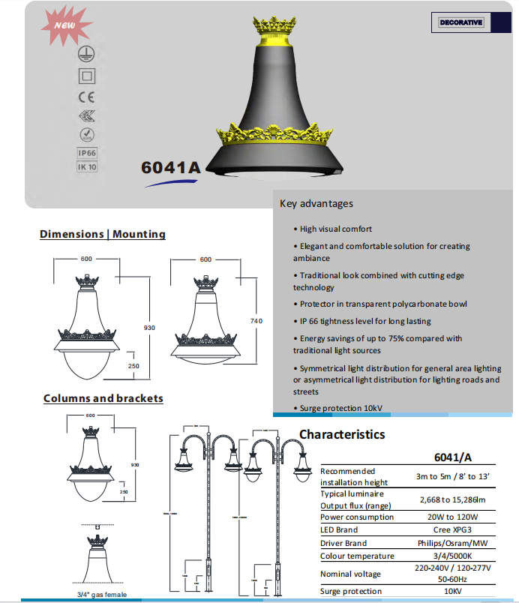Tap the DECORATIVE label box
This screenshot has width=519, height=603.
tap(461, 22)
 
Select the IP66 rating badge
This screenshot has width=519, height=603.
tap(88, 153)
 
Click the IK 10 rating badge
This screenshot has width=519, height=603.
tap(88, 166)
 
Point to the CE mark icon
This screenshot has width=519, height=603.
tap(87, 97)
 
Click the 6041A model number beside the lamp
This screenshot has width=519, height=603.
tap(171, 167)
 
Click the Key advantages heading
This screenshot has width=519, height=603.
tap(316, 203)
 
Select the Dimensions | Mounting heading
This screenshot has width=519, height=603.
tap(103, 234)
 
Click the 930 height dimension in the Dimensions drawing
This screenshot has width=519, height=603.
tap(150, 328)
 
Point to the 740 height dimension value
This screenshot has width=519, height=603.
tap(256, 321)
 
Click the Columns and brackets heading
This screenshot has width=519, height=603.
tap(103, 398)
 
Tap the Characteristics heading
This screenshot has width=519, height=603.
tap(342, 434)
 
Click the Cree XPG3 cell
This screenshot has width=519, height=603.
tap(452, 529)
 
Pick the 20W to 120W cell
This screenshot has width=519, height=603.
tap(452, 517)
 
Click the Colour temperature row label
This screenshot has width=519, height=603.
tap(357, 556)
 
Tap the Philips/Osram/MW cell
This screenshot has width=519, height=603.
tap(452, 542)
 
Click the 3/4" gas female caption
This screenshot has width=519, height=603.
tap(102, 595)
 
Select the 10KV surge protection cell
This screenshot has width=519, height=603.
tap(452, 591)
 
